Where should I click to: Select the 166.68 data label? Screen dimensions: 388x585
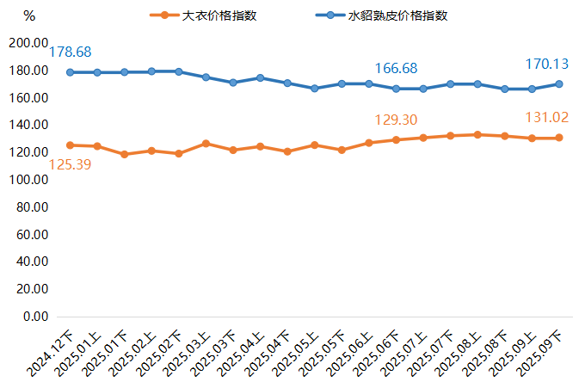point(397,68)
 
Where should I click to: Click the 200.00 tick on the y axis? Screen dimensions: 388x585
point(28,43)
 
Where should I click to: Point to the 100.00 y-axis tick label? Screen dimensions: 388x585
point(28,180)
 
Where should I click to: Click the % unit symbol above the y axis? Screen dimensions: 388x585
point(29,15)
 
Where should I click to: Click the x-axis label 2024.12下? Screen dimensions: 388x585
point(51,354)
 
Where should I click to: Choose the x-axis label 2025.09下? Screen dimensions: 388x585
point(540,354)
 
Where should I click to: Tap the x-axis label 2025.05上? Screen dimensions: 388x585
point(295,354)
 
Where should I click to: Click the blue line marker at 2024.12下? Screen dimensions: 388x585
point(70,72)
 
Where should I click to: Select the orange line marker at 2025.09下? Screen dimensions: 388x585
point(559,138)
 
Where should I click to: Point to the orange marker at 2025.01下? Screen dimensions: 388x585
point(124,155)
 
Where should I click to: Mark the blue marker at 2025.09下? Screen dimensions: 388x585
point(559,83)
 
